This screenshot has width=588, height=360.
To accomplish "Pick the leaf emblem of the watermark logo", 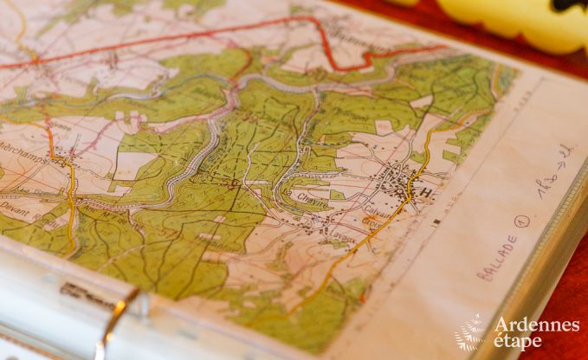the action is click(472, 332).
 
